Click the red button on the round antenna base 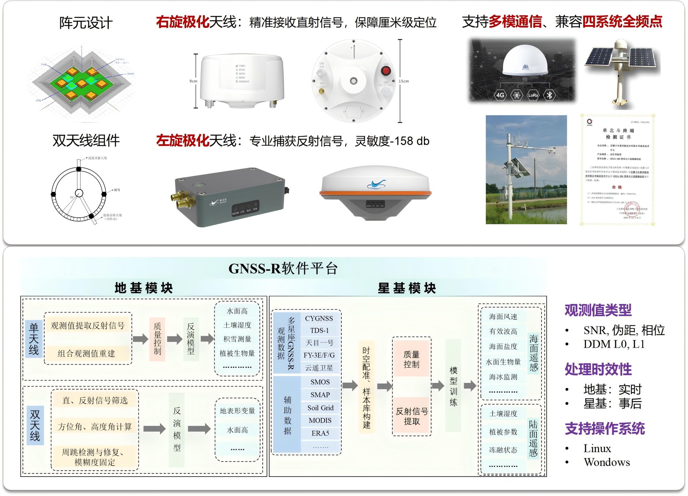point(386,71)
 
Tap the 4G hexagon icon point(500,95)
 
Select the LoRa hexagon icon point(533,95)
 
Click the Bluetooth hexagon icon point(549,95)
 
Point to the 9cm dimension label point(193,81)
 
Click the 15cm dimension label point(404,81)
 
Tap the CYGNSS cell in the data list point(319,318)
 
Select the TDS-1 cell point(319,330)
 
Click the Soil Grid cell point(320,408)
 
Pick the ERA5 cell point(320,433)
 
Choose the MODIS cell point(320,420)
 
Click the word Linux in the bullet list point(597,448)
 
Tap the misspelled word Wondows point(607,462)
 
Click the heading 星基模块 point(407,288)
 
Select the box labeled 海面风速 point(503,316)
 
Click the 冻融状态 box point(503,450)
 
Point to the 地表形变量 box point(237,411)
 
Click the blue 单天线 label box point(34,339)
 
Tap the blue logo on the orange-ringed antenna point(376,184)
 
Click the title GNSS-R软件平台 point(283,269)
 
